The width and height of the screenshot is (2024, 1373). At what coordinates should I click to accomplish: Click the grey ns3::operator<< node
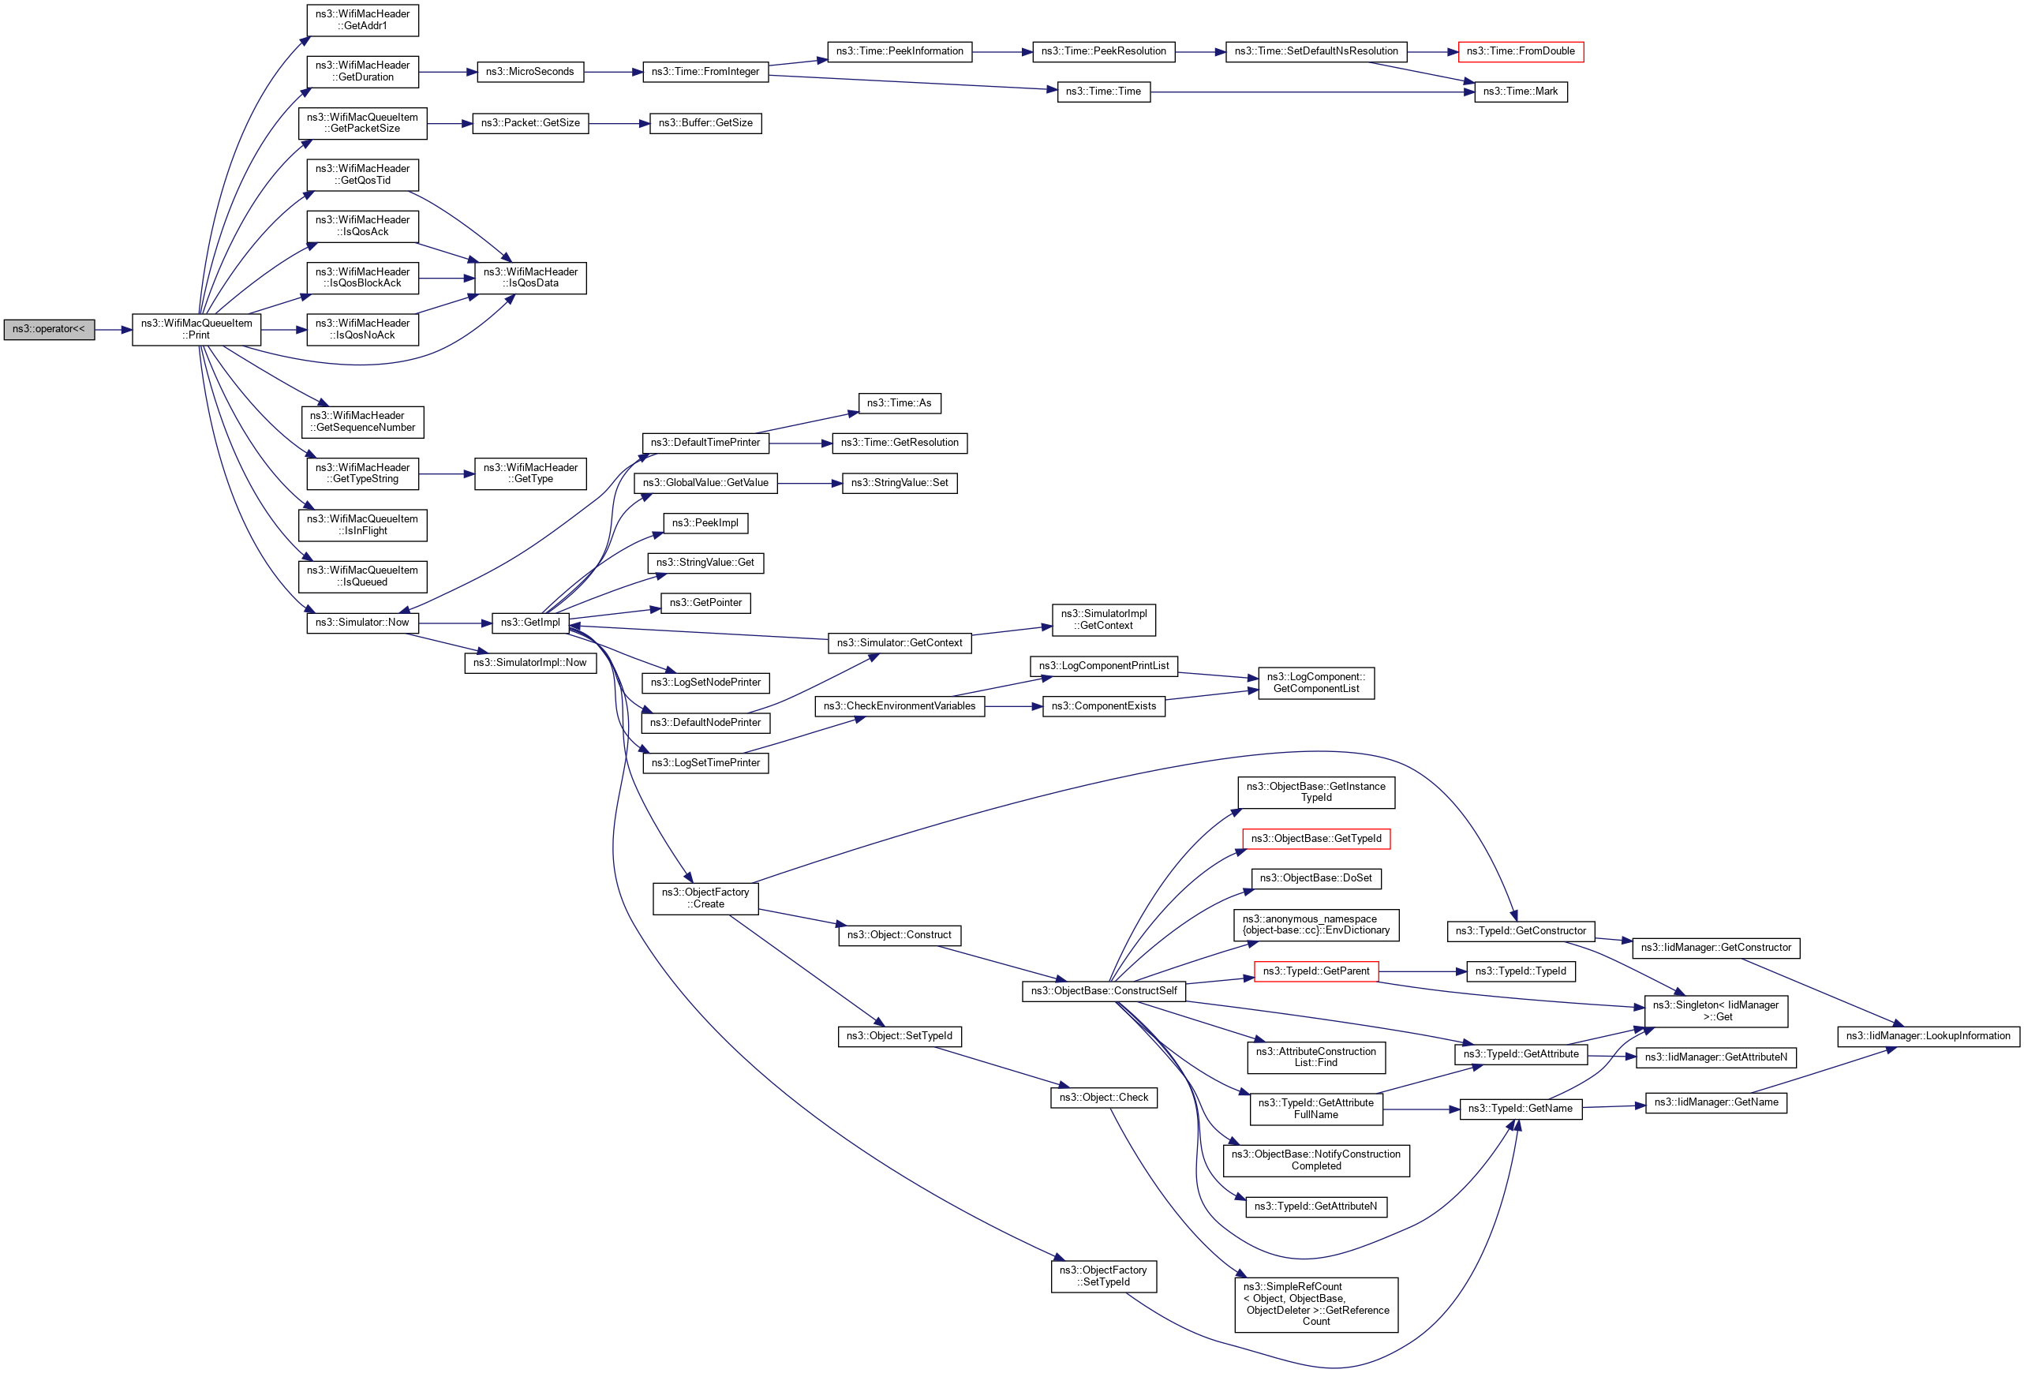(x=49, y=330)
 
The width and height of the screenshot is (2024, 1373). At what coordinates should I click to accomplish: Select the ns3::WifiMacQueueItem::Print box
(x=196, y=330)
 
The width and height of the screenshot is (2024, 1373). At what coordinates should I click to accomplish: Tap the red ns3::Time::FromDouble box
(x=1520, y=52)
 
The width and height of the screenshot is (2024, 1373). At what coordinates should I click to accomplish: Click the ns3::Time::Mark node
(x=1520, y=92)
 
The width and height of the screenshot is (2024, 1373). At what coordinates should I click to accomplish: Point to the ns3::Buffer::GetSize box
(x=705, y=124)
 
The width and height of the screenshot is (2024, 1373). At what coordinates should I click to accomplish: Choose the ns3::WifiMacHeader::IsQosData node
(x=529, y=279)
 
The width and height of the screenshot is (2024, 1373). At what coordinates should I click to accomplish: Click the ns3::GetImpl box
(x=529, y=623)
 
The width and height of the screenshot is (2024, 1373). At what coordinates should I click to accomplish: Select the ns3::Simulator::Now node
(x=361, y=623)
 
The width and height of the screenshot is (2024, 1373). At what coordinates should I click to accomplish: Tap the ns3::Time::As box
(x=899, y=404)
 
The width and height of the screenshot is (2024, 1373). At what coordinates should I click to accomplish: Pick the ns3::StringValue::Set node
(x=899, y=483)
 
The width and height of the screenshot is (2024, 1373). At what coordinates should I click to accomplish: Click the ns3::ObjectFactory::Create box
(x=705, y=899)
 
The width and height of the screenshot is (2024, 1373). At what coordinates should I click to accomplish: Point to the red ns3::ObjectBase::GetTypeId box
(x=1315, y=840)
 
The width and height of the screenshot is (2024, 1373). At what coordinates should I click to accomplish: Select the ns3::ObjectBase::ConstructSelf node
(x=1102, y=992)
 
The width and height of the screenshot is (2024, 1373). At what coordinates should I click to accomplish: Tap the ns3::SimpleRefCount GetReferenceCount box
(x=1315, y=1304)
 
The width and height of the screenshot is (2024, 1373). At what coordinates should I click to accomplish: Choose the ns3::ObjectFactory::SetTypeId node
(x=1102, y=1277)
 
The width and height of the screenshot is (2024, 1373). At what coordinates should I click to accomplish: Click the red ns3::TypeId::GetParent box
(x=1315, y=971)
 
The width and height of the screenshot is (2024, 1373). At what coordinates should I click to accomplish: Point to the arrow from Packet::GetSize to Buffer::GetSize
(x=619, y=124)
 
